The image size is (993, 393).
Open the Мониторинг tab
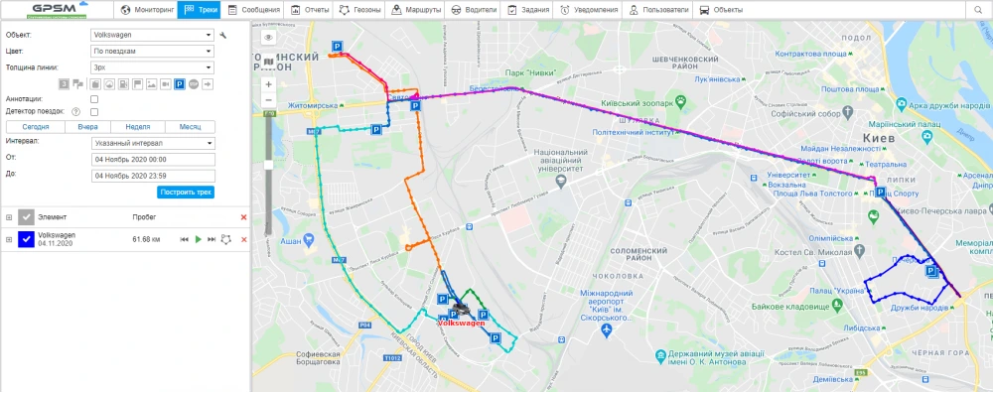pos(147,10)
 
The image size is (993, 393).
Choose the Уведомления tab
pos(590,10)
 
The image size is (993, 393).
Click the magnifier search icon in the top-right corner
pos(979,10)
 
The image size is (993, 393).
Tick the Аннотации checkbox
pos(94,99)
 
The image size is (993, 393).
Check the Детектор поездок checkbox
pos(94,112)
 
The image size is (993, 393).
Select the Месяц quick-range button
pos(190,127)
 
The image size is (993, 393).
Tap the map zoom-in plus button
pos(268,84)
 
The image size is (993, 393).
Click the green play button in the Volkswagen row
pos(198,239)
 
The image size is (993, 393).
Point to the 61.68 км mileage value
pos(145,239)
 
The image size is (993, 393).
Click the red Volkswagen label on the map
pos(461,323)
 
